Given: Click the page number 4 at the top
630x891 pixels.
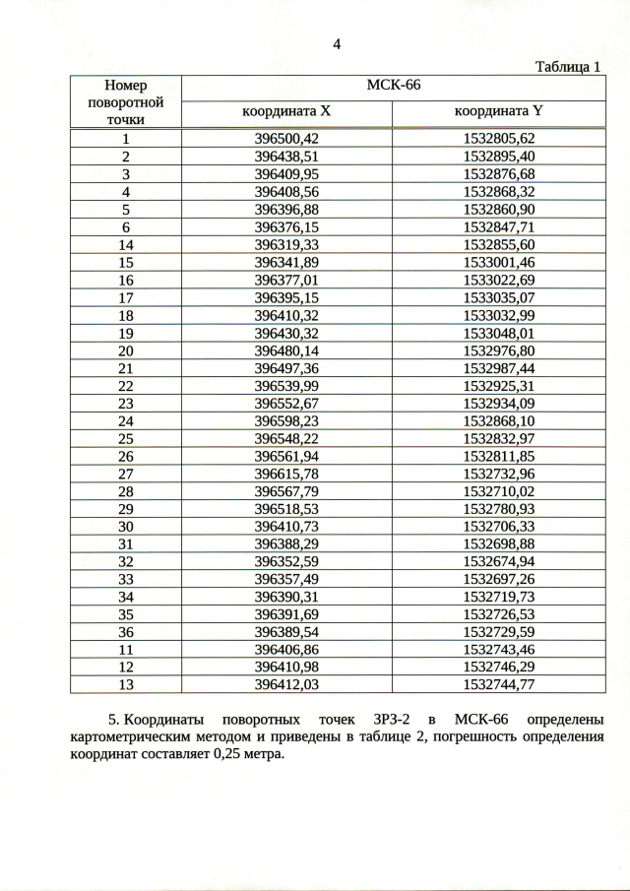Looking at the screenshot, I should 337,44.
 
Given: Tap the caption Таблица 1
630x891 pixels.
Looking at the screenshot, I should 567,67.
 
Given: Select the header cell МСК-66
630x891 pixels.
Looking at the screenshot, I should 393,86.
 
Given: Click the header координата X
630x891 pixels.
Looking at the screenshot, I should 286,112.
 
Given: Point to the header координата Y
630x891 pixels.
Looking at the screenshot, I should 498,112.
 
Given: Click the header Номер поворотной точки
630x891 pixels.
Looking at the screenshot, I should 126,102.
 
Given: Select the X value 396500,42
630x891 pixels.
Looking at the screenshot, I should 286,139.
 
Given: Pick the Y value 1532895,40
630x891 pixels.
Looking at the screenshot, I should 498,156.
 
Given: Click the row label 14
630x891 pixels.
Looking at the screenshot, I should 126,244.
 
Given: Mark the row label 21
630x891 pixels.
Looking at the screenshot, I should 126,367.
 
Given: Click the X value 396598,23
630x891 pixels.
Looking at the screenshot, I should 286,420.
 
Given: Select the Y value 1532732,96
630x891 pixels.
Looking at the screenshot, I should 498,473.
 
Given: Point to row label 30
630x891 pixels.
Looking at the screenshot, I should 126,526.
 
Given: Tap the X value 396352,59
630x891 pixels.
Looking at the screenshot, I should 286,561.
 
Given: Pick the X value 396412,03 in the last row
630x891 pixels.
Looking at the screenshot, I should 286,684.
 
